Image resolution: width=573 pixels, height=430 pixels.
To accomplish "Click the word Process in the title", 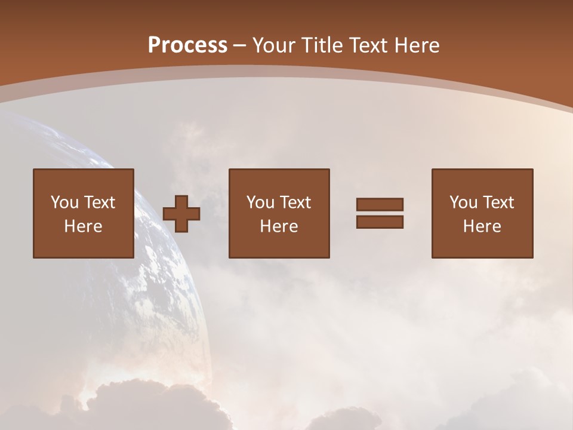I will tap(187, 45).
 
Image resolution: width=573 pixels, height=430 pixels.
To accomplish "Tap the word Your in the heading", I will tap(275, 45).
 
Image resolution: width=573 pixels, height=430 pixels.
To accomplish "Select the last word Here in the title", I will tap(416, 45).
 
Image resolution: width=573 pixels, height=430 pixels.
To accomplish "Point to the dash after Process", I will tap(240, 46).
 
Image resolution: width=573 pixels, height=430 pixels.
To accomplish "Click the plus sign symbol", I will tap(181, 214).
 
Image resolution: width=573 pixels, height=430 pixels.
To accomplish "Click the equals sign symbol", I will tap(380, 213).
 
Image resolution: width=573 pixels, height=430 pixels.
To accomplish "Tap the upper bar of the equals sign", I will tap(380, 205).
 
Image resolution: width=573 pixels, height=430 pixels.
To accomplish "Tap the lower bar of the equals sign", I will tap(380, 222).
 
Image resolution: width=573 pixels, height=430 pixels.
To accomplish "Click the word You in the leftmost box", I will tap(64, 202).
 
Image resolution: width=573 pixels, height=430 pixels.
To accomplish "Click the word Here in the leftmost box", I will tap(84, 226).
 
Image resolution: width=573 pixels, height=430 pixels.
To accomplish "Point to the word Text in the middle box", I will tap(295, 202).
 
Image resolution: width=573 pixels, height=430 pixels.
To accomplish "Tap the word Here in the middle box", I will tap(279, 226).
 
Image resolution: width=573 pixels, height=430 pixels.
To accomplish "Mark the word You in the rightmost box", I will tap(463, 202).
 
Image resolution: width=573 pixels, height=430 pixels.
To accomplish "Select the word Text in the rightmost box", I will tap(498, 202).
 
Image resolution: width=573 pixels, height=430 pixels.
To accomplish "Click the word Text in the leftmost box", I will tap(100, 202).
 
